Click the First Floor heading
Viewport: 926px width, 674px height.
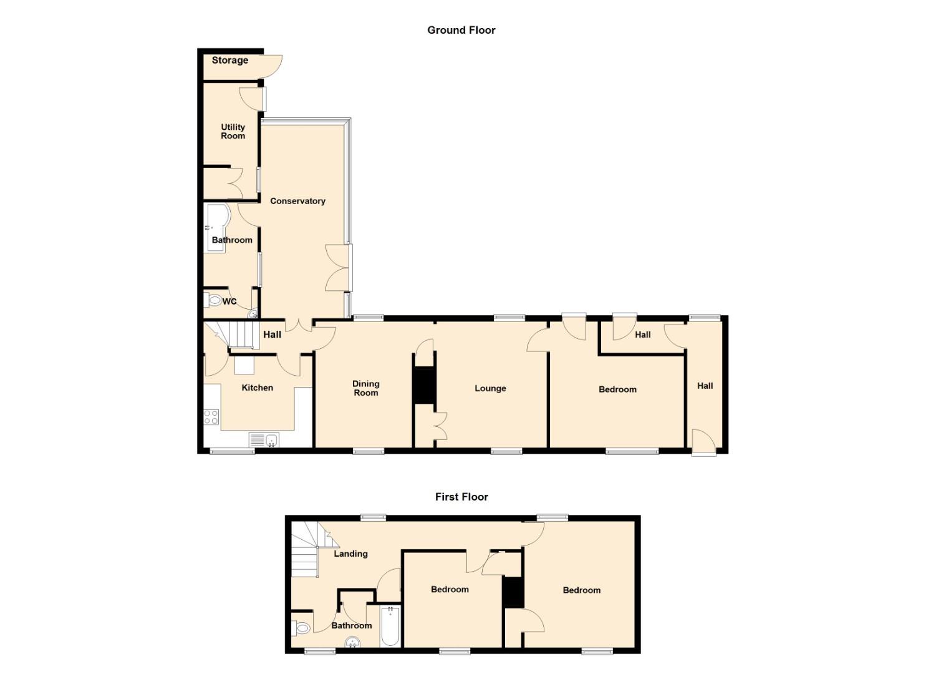(461, 497)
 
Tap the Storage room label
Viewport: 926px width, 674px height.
(230, 61)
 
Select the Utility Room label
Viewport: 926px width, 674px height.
(233, 132)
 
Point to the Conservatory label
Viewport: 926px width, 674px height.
(297, 201)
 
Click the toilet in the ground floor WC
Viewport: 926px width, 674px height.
(213, 300)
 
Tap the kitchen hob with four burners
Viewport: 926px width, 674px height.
(211, 417)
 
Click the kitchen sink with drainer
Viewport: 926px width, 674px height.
(264, 440)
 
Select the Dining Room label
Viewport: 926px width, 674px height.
(365, 389)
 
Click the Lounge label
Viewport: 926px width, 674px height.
(490, 389)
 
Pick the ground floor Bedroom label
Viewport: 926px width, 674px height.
(617, 389)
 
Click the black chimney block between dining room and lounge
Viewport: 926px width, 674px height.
(425, 385)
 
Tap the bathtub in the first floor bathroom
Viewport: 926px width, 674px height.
(390, 627)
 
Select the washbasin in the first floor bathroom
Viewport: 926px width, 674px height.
(352, 642)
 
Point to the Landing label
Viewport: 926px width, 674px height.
(350, 554)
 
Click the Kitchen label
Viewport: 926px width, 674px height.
(257, 388)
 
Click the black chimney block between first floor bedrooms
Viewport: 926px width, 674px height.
(513, 592)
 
